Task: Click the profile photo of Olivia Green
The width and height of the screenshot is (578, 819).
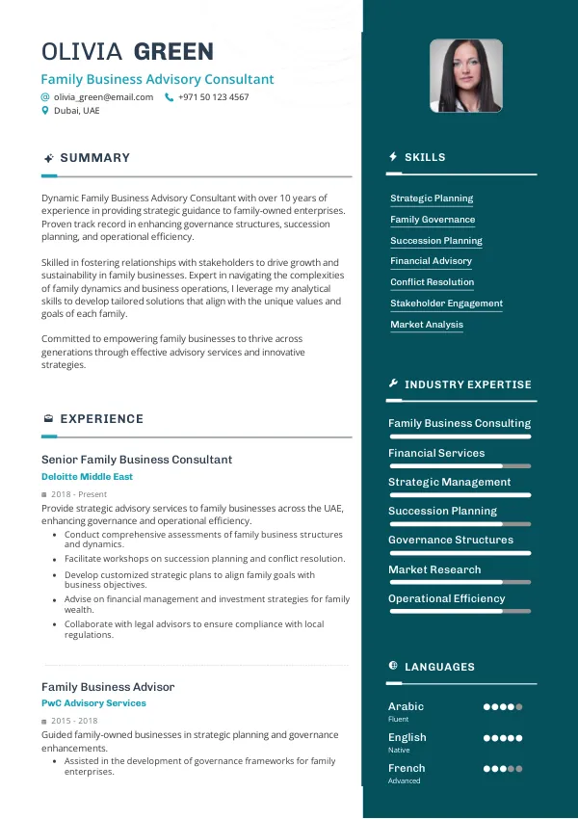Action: [x=465, y=76]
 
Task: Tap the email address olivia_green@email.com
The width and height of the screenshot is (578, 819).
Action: [x=103, y=97]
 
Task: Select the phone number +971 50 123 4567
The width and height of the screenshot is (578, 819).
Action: [x=213, y=97]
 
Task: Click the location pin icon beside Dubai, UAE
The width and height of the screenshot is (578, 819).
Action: [x=44, y=111]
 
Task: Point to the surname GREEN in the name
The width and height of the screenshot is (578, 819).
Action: [x=173, y=51]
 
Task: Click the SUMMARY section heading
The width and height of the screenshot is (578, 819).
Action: [x=94, y=158]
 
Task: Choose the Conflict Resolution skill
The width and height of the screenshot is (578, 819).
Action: [x=432, y=282]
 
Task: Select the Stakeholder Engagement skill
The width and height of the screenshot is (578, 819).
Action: [x=446, y=304]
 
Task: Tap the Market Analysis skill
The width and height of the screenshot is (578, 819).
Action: [x=427, y=325]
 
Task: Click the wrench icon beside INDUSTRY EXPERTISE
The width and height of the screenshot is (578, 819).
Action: [x=393, y=384]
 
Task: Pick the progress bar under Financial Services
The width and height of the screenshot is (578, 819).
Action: [x=459, y=466]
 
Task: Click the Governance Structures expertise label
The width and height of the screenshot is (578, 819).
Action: [x=451, y=540]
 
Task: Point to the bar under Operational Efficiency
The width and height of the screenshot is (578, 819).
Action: [x=459, y=612]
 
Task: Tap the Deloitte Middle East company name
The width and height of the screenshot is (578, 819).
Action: [x=87, y=477]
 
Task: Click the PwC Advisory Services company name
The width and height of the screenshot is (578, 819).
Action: [x=93, y=703]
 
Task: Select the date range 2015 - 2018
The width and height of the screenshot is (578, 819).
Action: [x=74, y=721]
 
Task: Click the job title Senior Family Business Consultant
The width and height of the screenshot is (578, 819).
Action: [x=136, y=460]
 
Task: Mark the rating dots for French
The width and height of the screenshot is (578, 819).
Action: [x=503, y=769]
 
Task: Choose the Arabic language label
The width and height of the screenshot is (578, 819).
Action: [x=406, y=706]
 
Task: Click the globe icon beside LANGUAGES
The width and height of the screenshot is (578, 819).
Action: [x=393, y=666]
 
